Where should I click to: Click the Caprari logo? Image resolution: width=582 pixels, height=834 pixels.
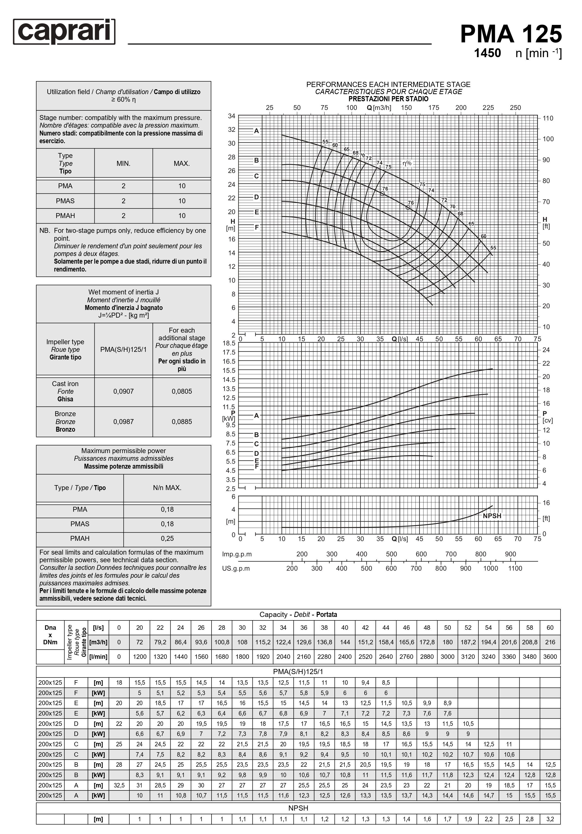coord(64,32)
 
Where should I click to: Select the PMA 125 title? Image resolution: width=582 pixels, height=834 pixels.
coord(511,34)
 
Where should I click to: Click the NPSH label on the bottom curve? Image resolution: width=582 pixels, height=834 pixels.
coord(492,516)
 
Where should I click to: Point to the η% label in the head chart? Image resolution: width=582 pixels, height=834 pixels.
coord(407,163)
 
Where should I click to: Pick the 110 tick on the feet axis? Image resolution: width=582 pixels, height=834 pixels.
coord(547,118)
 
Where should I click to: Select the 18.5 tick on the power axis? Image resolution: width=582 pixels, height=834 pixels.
coord(229,343)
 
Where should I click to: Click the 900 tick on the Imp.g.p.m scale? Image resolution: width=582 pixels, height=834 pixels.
coord(510,554)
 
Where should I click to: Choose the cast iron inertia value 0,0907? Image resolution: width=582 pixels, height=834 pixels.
coord(123,391)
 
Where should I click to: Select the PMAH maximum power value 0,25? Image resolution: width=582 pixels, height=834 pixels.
coord(167,538)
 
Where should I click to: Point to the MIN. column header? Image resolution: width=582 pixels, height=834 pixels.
coord(123,163)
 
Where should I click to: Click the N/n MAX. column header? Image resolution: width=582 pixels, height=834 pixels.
coord(167,488)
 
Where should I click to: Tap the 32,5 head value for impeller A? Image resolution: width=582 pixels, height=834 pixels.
coord(119,785)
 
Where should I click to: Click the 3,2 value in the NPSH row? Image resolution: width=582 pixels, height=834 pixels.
coord(550,819)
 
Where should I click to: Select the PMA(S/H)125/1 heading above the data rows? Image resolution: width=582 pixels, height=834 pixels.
coord(298,672)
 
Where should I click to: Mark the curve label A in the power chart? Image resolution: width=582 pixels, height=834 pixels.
coord(256,416)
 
